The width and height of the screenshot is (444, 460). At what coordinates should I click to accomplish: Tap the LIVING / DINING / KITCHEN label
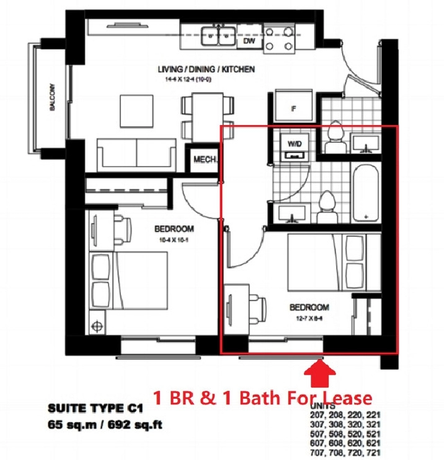(206, 70)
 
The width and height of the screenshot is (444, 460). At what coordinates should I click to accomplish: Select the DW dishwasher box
(249, 41)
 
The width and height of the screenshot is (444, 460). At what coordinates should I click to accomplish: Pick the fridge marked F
(295, 107)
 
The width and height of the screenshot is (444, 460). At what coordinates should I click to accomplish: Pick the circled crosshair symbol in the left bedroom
(97, 326)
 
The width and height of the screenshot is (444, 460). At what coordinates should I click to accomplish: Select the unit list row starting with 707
(345, 454)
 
